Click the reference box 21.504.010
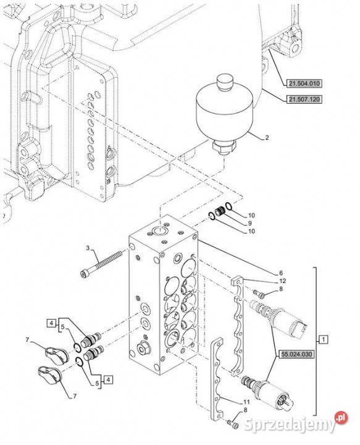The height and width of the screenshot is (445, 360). coord(300,83)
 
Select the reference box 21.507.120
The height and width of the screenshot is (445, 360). coord(304,100)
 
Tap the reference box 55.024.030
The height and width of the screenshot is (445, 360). coord(296,354)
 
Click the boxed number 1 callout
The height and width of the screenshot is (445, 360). coord(324,339)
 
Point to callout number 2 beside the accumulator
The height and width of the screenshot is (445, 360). coord(267,138)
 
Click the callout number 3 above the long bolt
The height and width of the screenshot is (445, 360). coord(88,248)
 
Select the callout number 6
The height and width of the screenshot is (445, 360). coord(280,273)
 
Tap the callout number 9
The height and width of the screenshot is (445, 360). coord(249,223)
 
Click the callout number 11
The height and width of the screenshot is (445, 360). coord(246,402)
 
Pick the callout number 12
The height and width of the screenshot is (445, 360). coord(283,281)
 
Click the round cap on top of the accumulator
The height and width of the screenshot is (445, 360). coord(225,82)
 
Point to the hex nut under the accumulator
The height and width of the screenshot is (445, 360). coord(224,146)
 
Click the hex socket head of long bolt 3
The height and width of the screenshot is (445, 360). coord(83,274)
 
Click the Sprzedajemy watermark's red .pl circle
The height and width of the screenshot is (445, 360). coord(341,417)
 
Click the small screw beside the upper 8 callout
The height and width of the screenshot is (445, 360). coord(259,294)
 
